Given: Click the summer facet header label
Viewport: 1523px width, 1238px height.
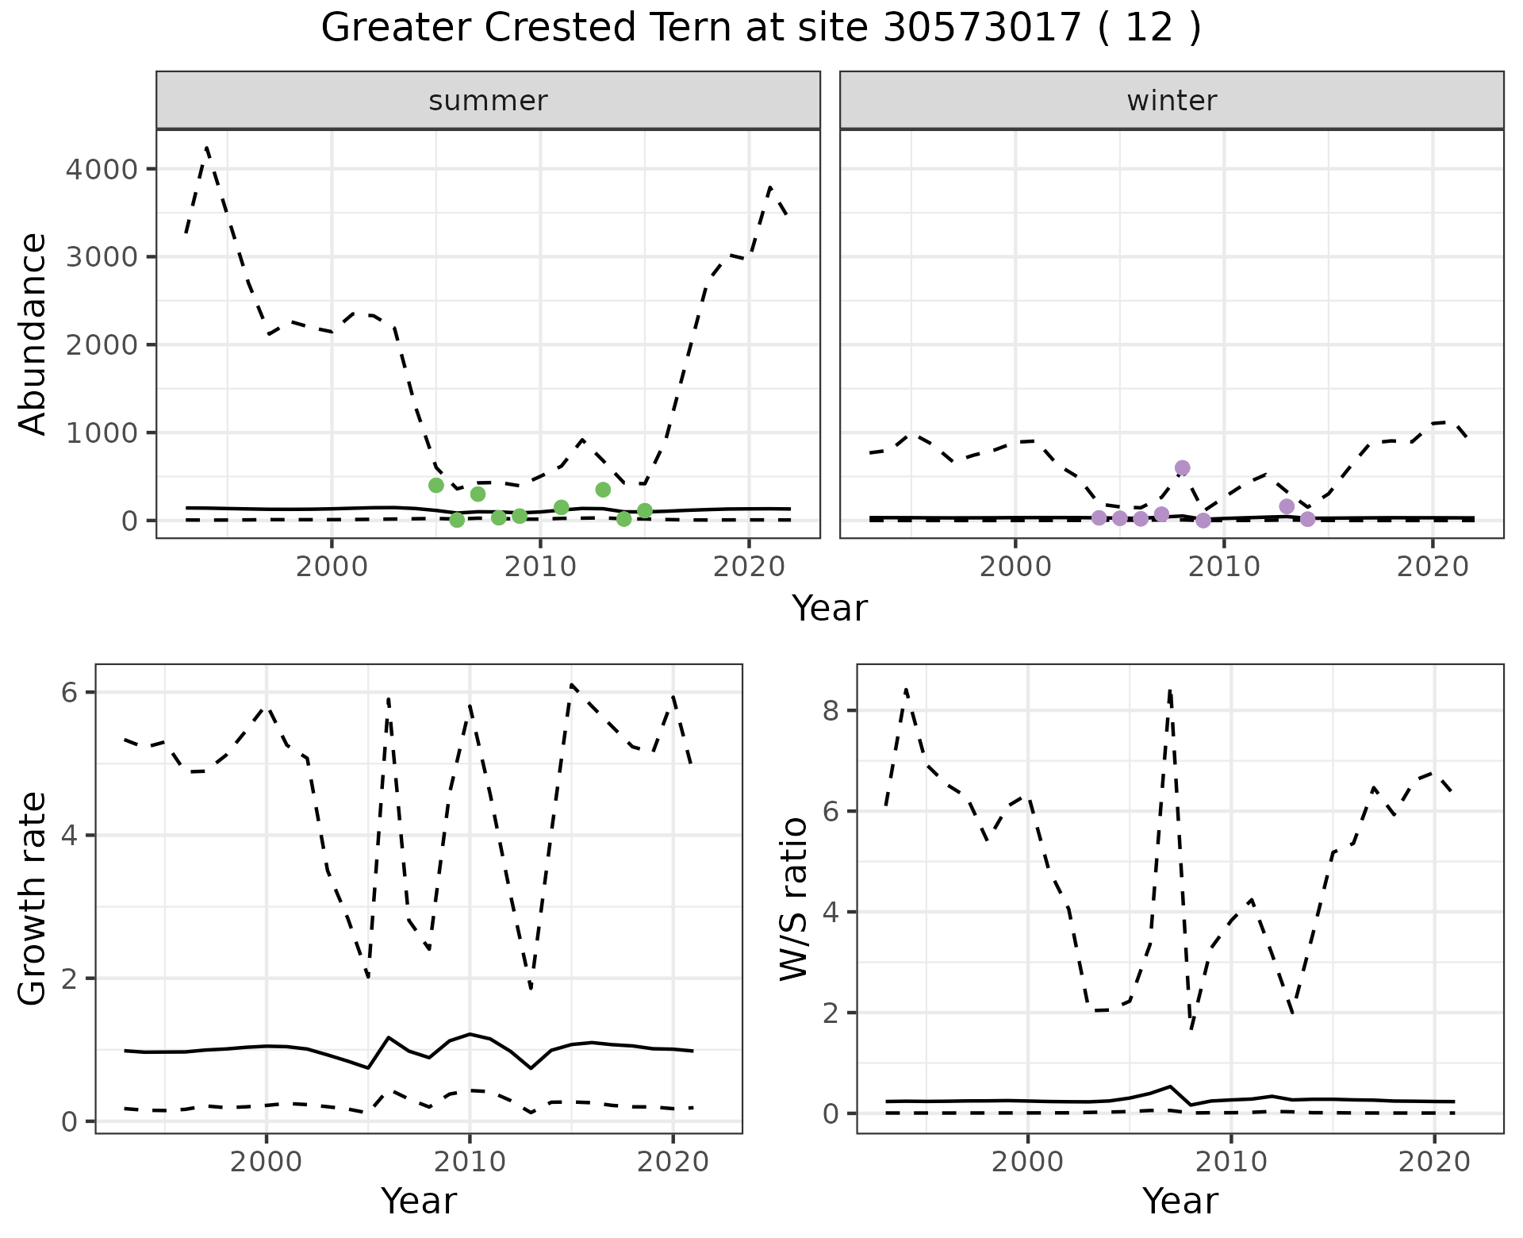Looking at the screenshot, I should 488,101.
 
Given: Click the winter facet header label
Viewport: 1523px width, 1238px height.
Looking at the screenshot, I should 1172,101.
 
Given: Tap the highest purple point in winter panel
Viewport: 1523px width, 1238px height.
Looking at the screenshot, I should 1182,467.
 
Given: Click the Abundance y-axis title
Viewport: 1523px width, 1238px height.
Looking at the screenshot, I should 33,333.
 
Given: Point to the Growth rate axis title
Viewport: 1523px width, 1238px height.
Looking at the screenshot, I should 33,898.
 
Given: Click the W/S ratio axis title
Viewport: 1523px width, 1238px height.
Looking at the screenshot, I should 794,898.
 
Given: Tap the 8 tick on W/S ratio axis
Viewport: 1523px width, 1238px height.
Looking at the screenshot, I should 831,710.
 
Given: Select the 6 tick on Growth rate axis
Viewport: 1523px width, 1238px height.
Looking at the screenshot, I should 69,692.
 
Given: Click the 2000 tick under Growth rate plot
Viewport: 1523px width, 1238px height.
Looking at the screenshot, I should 266,1162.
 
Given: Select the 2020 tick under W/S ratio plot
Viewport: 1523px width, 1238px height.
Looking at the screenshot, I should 1433,1162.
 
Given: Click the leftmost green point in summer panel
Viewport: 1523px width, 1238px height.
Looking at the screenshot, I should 435,485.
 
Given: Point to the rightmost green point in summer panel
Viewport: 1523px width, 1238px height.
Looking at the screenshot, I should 644,510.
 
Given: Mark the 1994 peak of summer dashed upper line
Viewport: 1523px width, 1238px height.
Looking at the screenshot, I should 207,148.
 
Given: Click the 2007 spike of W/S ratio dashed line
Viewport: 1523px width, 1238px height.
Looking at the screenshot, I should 1169,691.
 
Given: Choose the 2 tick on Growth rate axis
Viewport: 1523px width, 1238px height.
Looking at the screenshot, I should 69,978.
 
